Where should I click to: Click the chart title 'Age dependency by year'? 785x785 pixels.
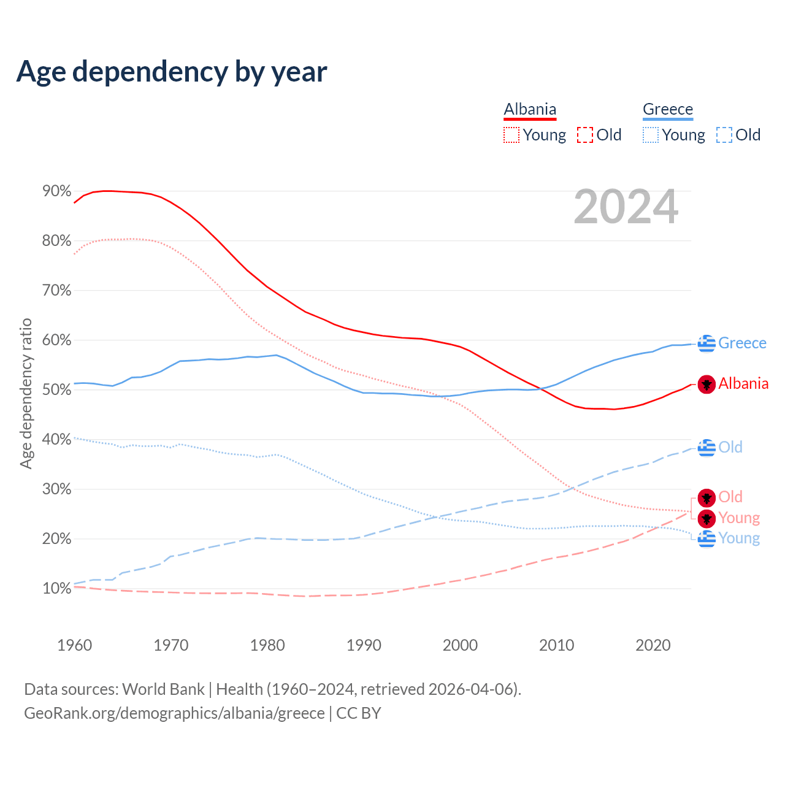pyautogui.click(x=172, y=72)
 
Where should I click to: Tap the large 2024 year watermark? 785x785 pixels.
pyautogui.click(x=626, y=207)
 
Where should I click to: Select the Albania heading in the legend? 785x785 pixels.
pyautogui.click(x=530, y=109)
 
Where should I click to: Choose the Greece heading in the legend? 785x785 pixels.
pyautogui.click(x=667, y=109)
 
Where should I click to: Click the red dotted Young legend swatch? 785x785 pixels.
pyautogui.click(x=511, y=135)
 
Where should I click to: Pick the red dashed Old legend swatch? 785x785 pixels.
pyautogui.click(x=585, y=135)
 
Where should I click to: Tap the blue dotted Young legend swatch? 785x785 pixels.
pyautogui.click(x=651, y=135)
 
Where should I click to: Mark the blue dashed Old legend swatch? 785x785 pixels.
pyautogui.click(x=724, y=135)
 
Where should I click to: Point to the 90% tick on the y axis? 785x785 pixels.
pyautogui.click(x=57, y=191)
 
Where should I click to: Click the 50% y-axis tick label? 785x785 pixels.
pyautogui.click(x=57, y=390)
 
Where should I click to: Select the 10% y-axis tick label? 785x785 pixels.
pyautogui.click(x=57, y=589)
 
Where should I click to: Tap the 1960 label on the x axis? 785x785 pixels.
pyautogui.click(x=74, y=645)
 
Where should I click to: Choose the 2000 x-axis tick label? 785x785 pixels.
pyautogui.click(x=460, y=645)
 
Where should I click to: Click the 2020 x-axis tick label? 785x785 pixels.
pyautogui.click(x=653, y=645)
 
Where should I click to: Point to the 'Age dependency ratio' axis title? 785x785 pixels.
pyautogui.click(x=26, y=393)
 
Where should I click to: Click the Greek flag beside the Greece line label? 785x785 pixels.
pyautogui.click(x=707, y=343)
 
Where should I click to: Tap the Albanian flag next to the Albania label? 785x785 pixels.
pyautogui.click(x=707, y=384)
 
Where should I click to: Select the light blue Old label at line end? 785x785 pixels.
pyautogui.click(x=730, y=447)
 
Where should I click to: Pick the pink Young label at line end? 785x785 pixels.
pyautogui.click(x=739, y=518)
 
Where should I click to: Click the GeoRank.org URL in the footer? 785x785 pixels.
pyautogui.click(x=174, y=713)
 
